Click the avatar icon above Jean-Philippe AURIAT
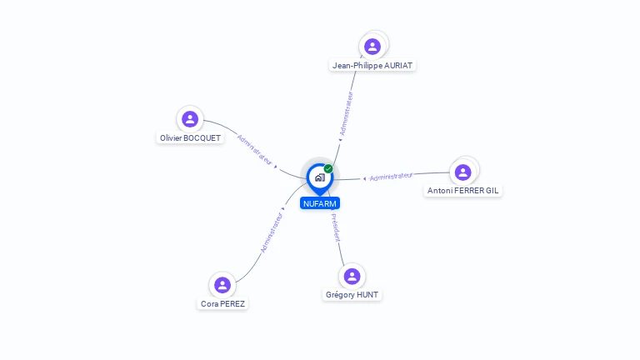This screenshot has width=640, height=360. click(372, 47)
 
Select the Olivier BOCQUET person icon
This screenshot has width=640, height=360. click(190, 119)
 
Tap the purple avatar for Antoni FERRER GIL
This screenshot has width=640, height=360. click(463, 172)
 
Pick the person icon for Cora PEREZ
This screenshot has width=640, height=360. click(222, 285)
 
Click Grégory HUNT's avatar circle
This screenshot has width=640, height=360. click(352, 276)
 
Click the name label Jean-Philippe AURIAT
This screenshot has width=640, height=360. click(372, 65)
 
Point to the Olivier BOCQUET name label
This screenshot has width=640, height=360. click(190, 137)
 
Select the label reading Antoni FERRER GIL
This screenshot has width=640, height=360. click(463, 190)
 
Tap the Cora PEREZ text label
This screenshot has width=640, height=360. click(222, 303)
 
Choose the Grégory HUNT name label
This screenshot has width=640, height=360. click(352, 294)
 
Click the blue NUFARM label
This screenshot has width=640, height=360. click(320, 203)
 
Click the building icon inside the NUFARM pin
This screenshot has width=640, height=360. click(319, 177)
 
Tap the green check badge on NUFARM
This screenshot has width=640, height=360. click(328, 168)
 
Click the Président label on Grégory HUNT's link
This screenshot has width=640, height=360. click(335, 227)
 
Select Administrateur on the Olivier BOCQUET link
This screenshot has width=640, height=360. click(255, 150)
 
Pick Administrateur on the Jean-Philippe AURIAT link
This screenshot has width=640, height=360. click(347, 114)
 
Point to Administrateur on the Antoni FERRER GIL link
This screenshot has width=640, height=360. click(391, 176)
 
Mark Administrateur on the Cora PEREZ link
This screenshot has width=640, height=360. click(272, 232)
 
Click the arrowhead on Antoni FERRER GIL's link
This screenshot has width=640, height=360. click(365, 178)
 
